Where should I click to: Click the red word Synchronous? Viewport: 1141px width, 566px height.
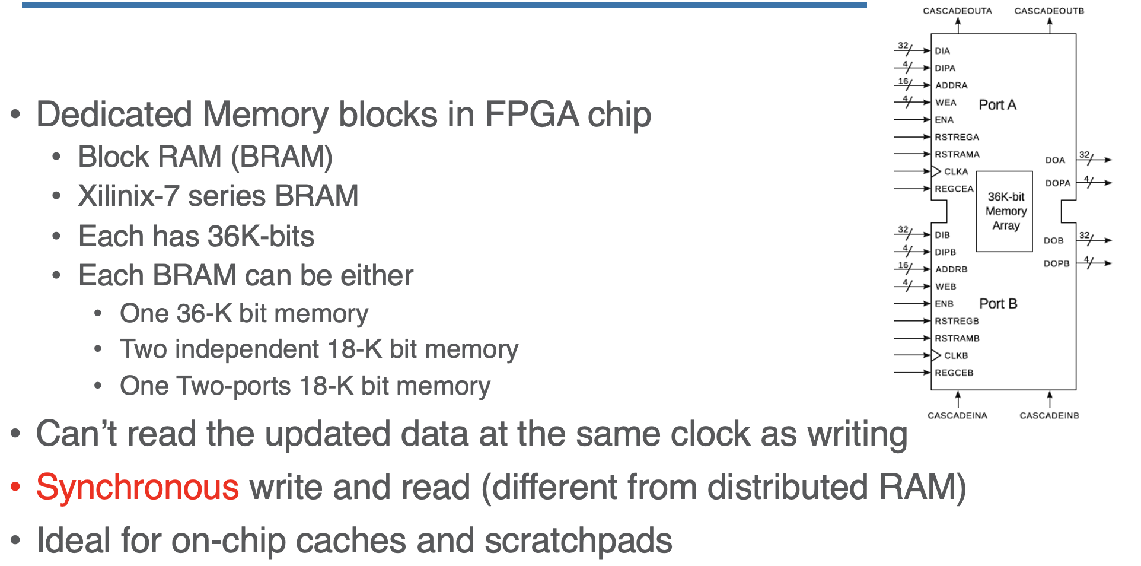pos(138,488)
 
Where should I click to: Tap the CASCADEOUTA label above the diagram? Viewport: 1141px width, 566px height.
pos(957,11)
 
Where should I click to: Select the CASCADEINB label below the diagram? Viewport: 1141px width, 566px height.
pos(1049,415)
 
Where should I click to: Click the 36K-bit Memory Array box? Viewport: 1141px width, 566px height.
pos(1005,211)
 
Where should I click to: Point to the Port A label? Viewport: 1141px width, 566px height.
pos(997,105)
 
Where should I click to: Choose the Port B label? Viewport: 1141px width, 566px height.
pos(998,304)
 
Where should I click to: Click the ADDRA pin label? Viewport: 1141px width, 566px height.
pos(951,85)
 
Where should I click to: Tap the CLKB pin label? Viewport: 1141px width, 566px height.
pos(956,355)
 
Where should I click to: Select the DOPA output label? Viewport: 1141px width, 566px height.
pos(1057,183)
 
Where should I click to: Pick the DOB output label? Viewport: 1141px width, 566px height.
pos(1053,240)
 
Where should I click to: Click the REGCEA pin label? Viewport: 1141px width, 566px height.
pos(954,189)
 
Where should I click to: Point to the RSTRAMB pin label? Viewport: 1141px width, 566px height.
pos(957,338)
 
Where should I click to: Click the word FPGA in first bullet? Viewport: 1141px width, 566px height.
pos(532,114)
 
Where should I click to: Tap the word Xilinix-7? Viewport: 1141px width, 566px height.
pos(129,196)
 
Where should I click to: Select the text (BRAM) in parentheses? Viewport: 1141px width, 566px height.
pos(281,157)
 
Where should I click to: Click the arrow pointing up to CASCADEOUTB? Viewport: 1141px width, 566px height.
pos(1050,24)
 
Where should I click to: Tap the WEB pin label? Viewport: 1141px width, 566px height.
pos(946,287)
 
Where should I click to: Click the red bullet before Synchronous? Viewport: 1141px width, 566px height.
pos(16,488)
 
